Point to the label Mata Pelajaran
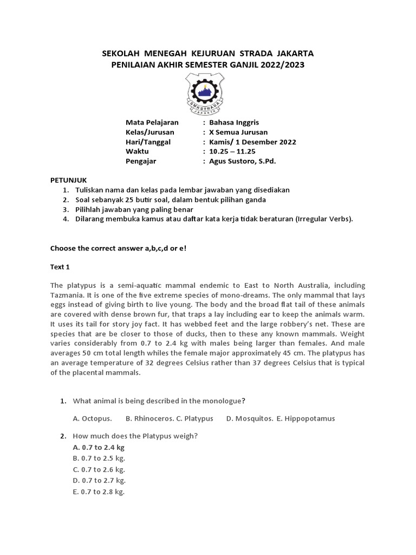[x=152, y=122]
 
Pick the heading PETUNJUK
[x=68, y=180]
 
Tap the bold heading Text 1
[x=60, y=267]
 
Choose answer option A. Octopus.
[x=93, y=418]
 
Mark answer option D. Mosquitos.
[x=249, y=418]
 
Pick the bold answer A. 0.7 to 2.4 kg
[x=99, y=448]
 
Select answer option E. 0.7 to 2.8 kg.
[x=99, y=492]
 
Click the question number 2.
[x=63, y=436]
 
